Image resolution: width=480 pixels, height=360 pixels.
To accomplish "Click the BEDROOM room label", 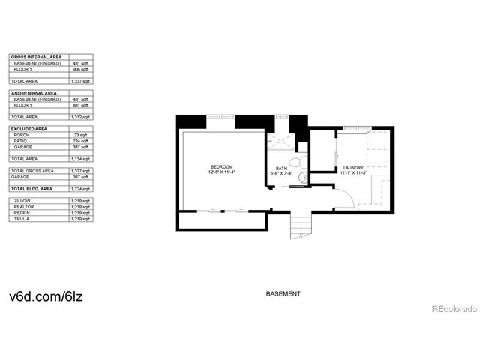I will click(x=221, y=166).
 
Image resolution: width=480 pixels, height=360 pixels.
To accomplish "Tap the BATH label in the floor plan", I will click(x=281, y=168).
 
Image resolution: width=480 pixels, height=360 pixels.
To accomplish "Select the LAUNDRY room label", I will click(x=353, y=168).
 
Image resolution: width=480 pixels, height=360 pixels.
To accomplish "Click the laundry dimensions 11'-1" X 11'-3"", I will click(x=353, y=174).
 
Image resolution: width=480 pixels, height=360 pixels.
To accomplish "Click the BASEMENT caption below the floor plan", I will click(x=283, y=293).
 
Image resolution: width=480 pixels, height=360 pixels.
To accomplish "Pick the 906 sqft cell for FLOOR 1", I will click(x=82, y=69).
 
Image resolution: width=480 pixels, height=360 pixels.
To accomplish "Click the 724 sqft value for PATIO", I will click(x=81, y=141).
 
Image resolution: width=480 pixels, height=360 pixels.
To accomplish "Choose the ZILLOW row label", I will click(x=22, y=201).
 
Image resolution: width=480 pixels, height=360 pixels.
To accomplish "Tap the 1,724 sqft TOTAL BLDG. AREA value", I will click(x=81, y=188).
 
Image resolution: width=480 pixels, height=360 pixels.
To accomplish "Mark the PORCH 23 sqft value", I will click(x=82, y=135).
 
